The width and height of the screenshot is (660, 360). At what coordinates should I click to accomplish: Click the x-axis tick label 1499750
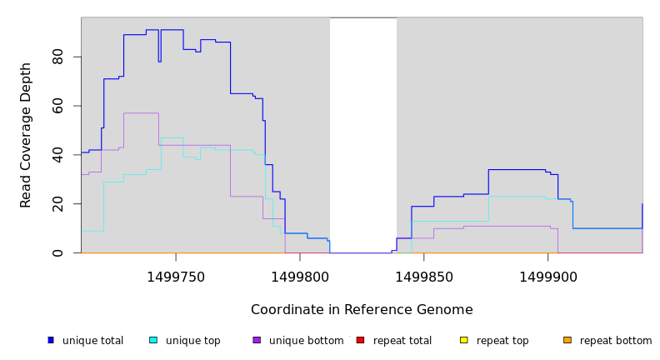176,277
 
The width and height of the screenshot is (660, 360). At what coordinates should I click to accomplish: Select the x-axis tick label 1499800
300,277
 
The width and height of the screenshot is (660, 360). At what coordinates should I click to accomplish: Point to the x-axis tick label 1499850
423,277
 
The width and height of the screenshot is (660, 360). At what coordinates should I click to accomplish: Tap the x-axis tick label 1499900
547,277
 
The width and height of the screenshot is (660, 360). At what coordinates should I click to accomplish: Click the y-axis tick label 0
57,252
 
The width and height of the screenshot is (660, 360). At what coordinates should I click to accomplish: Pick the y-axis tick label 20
57,204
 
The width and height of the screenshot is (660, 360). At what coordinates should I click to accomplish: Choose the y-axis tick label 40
57,155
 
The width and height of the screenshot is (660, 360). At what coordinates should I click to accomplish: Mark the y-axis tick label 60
57,106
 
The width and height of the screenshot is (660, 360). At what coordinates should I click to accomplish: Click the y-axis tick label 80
57,57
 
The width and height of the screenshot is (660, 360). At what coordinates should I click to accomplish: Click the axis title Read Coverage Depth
26,135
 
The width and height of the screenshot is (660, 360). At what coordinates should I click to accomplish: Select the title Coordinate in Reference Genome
362,310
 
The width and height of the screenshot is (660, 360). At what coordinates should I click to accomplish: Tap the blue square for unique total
51,340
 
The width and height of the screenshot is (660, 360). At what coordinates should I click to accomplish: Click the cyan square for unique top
153,340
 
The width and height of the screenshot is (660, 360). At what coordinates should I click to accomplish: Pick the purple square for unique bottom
257,340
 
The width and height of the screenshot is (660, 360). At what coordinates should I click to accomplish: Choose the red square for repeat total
360,340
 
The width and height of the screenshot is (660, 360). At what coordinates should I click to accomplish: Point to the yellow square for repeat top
463,340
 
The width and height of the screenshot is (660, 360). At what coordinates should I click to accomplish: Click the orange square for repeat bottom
567,340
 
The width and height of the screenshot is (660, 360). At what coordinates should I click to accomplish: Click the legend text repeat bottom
616,341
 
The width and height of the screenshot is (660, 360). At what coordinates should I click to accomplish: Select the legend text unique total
92,341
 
